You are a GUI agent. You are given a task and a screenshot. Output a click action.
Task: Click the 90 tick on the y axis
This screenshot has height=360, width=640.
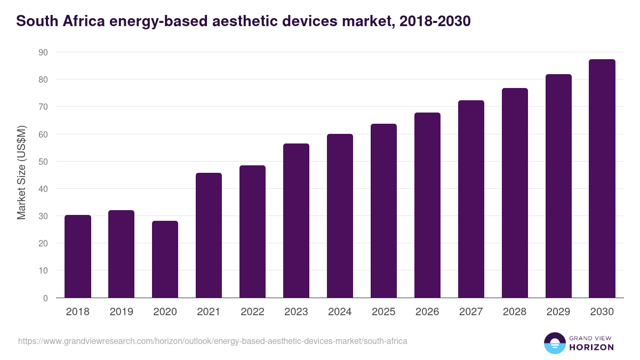[x=43, y=52]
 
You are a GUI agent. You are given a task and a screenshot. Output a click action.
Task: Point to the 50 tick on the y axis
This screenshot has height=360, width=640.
[x=43, y=162]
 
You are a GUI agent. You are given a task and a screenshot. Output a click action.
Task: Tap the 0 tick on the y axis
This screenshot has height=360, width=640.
[x=45, y=298]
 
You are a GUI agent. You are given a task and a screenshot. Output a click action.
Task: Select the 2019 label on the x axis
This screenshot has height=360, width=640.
[x=122, y=312]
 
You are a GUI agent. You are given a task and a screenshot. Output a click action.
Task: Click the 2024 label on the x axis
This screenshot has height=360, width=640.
[x=340, y=312]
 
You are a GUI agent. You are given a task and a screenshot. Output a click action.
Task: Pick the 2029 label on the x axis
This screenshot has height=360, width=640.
[x=558, y=312]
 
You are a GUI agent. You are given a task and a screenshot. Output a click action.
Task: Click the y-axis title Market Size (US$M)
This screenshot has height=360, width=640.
[x=21, y=173]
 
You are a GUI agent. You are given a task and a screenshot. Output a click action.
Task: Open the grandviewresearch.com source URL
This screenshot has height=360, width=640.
[x=213, y=341]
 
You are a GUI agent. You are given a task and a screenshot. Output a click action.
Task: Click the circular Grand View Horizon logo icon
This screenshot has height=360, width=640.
[x=554, y=343]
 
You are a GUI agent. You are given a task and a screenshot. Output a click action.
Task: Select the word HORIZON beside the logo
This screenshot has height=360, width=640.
[x=591, y=347]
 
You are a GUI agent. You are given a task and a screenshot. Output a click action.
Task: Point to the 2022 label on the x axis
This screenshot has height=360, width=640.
[x=252, y=312]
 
